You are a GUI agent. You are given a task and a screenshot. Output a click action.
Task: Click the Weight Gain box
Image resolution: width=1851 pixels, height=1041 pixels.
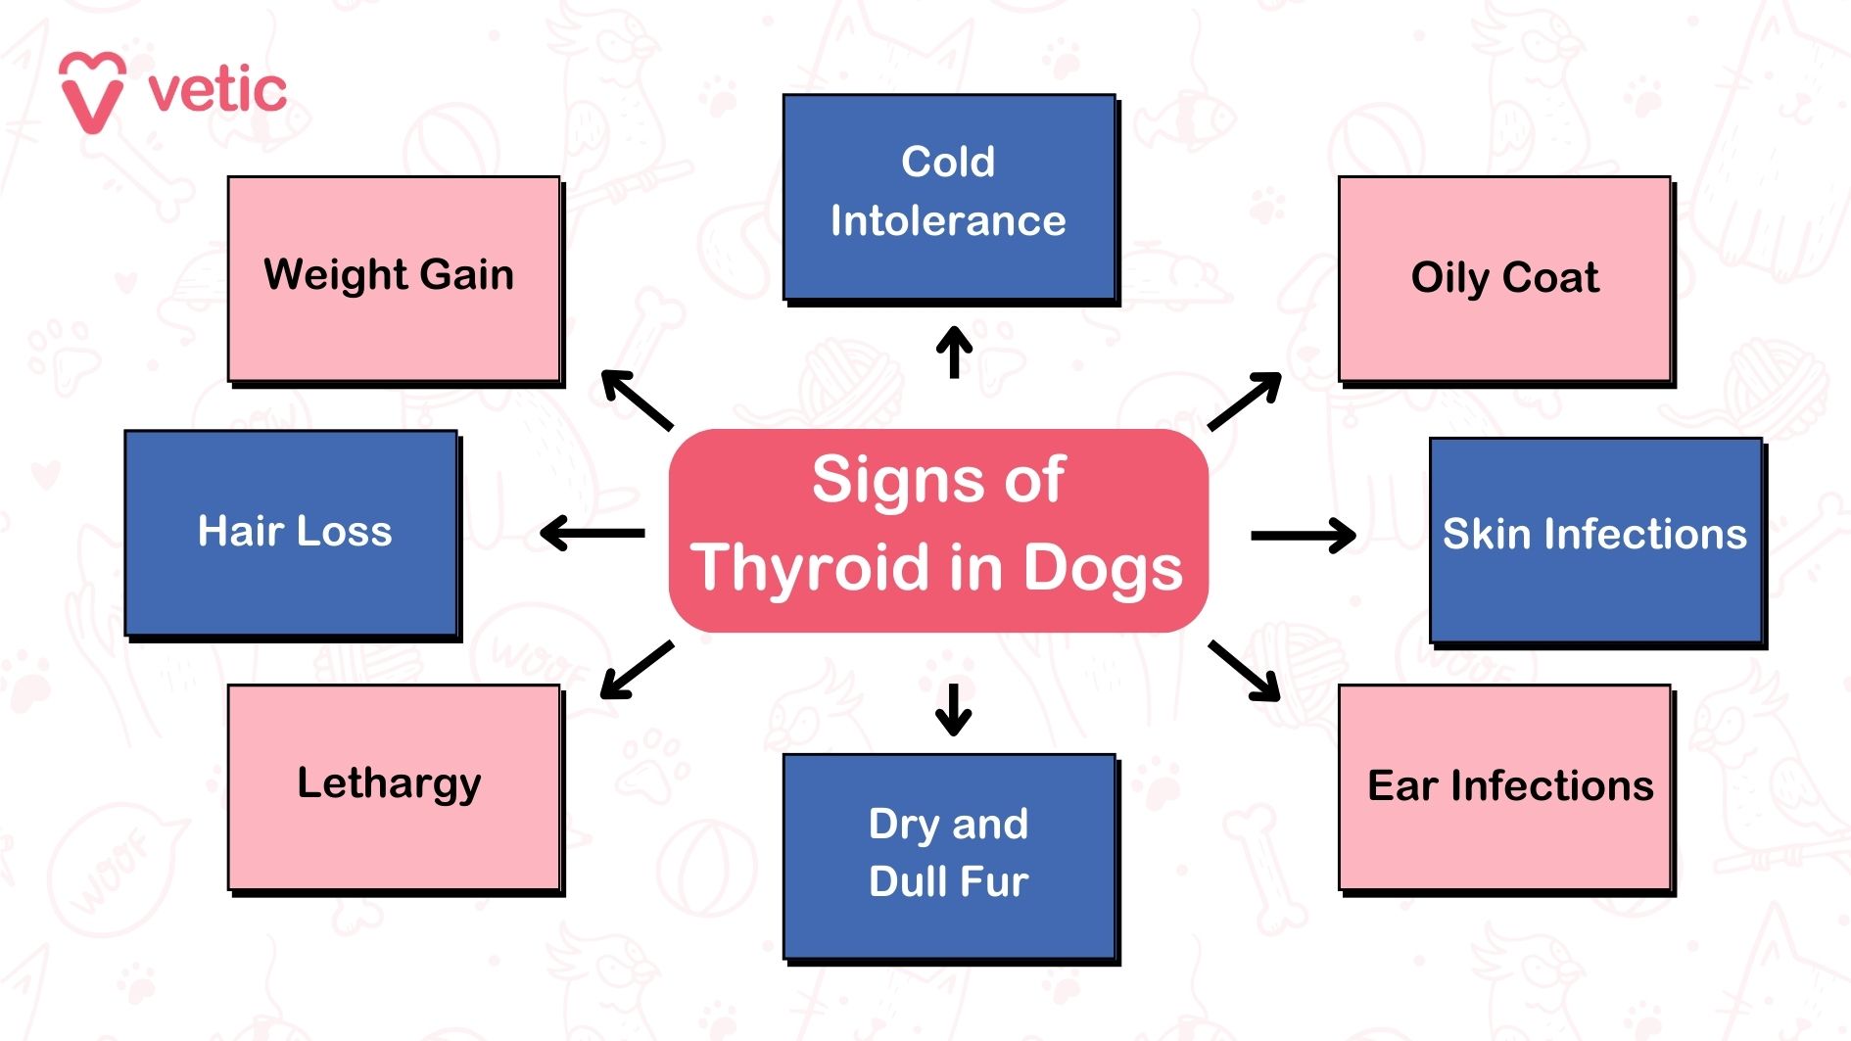[394, 278]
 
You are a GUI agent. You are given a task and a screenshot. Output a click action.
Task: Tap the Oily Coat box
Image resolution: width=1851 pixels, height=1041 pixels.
[1504, 278]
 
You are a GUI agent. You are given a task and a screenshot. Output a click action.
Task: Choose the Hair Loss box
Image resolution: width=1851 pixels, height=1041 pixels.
[291, 533]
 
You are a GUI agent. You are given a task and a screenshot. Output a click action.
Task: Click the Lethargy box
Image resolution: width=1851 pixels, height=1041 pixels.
[394, 786]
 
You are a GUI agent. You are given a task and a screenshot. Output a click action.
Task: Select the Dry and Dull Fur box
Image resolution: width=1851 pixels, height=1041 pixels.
[949, 856]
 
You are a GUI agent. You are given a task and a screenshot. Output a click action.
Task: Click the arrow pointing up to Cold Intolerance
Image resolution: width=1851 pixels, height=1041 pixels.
[954, 352]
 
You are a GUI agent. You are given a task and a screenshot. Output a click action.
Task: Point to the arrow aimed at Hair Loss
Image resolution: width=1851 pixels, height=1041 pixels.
[593, 534]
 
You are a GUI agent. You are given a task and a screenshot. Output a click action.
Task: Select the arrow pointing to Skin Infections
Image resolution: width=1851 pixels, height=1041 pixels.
[1304, 536]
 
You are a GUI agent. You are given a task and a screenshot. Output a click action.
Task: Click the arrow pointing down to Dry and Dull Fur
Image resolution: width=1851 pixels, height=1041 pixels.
[954, 709]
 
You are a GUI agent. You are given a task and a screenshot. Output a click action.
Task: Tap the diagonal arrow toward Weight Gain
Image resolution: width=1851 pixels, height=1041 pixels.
[637, 400]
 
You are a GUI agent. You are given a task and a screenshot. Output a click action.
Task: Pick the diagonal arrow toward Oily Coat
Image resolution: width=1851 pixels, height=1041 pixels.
[1245, 401]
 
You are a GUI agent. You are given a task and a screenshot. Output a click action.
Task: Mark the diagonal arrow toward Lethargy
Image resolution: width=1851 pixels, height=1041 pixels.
[637, 670]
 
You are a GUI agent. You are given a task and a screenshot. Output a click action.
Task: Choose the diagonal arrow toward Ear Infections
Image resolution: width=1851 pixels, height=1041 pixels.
[1245, 671]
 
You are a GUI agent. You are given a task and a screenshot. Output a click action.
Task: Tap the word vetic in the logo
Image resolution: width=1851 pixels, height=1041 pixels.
[217, 91]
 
